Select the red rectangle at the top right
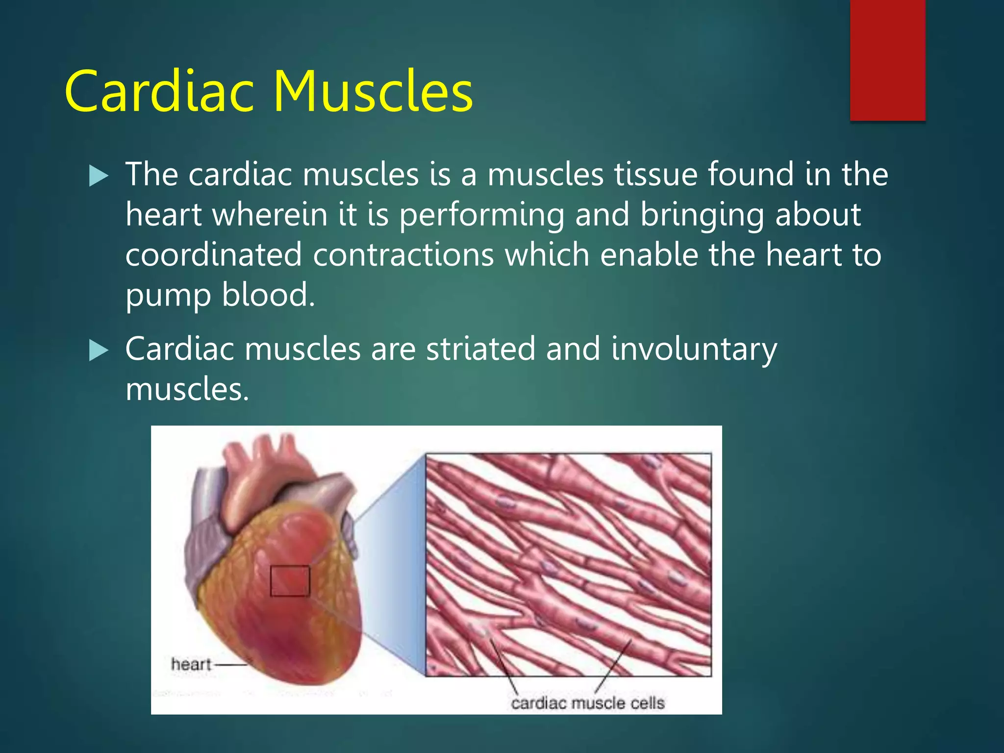(x=887, y=60)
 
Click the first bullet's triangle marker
(x=99, y=176)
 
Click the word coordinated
(x=213, y=255)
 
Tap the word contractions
(x=403, y=255)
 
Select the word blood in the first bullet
(x=268, y=296)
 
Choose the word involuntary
(x=694, y=351)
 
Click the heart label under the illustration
(x=191, y=664)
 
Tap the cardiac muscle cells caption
(x=587, y=703)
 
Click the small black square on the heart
(x=290, y=581)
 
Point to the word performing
(x=481, y=216)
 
